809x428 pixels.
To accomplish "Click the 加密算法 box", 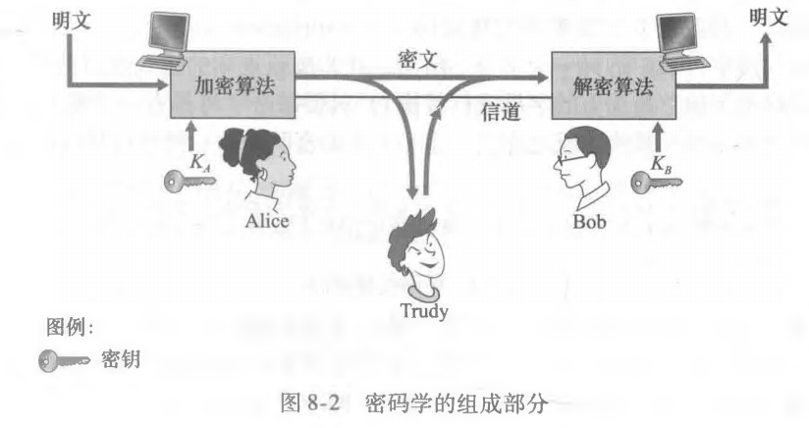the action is coord(233,85).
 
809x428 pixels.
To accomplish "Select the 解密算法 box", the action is coord(614,85).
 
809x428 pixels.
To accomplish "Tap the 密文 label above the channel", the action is coord(417,59).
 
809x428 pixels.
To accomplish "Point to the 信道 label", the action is coord(500,111).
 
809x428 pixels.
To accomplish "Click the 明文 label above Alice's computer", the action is coord(72,21).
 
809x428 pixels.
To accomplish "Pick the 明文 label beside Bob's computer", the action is coord(768,18).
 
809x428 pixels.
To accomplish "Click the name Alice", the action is coord(266,221).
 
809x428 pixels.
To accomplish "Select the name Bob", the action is coord(589,222).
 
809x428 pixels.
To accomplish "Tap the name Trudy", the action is coord(424,311).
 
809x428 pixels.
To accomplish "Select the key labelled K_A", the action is coord(189,182).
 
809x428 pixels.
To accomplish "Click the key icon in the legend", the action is coord(65,360).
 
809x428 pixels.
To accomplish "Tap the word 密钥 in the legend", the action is coord(121,359).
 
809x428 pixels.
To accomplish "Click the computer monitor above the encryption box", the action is coord(168,32).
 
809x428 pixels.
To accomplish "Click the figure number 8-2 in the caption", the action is coord(324,402).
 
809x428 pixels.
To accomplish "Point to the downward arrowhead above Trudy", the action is coord(411,191).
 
